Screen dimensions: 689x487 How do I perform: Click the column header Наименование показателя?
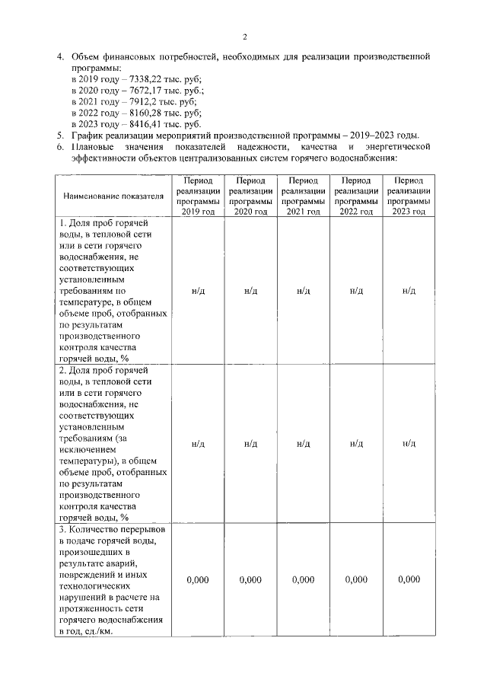[113, 196]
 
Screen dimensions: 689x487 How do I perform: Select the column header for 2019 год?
[198, 196]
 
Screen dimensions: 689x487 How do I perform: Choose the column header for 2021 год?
[303, 196]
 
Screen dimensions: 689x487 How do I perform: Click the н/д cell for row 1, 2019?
[198, 291]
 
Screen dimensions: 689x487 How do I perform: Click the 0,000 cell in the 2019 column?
[198, 579]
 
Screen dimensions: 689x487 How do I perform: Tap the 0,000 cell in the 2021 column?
[303, 579]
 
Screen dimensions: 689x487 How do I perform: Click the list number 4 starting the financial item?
[61, 57]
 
